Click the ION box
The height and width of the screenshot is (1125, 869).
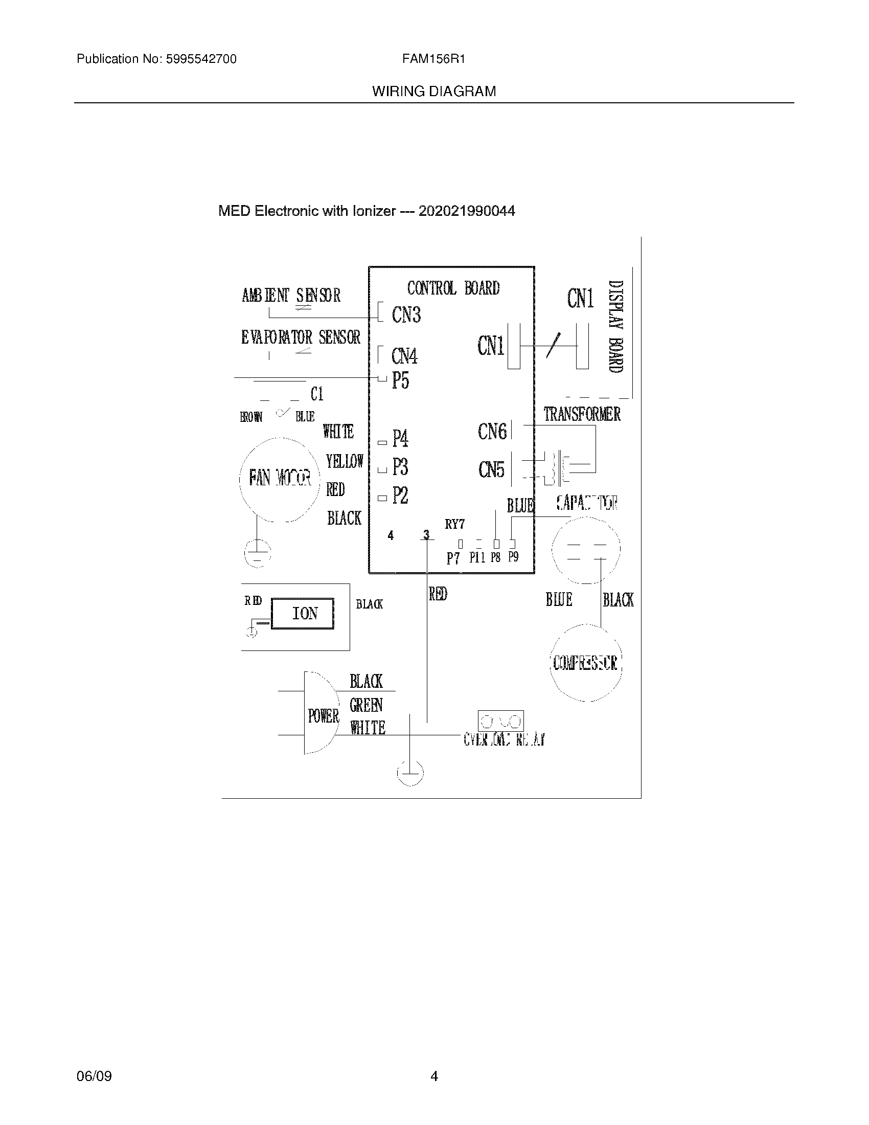pos(303,613)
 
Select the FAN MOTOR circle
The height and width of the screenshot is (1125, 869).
pos(280,479)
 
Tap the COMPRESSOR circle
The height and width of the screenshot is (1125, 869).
pos(585,663)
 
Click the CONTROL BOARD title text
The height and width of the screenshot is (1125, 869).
pos(453,288)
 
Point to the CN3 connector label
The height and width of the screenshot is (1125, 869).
pos(406,314)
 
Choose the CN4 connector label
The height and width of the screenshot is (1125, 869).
pos(405,356)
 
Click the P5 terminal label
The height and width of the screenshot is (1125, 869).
pos(401,380)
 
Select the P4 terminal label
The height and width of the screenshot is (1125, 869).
pos(401,439)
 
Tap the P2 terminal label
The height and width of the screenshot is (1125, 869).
pos(401,496)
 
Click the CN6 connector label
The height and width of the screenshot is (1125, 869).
pos(492,432)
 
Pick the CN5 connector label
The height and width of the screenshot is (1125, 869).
pos(492,469)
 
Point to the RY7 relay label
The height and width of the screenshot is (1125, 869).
pos(455,524)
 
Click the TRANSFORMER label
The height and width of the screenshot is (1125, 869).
pos(582,414)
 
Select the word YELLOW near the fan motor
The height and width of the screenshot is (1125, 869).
pos(345,461)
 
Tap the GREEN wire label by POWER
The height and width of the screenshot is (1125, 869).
pos(366,705)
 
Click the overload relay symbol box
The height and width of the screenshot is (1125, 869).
pos(500,721)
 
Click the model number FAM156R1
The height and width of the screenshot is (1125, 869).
pos(433,59)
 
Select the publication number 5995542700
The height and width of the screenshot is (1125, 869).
pos(201,59)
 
